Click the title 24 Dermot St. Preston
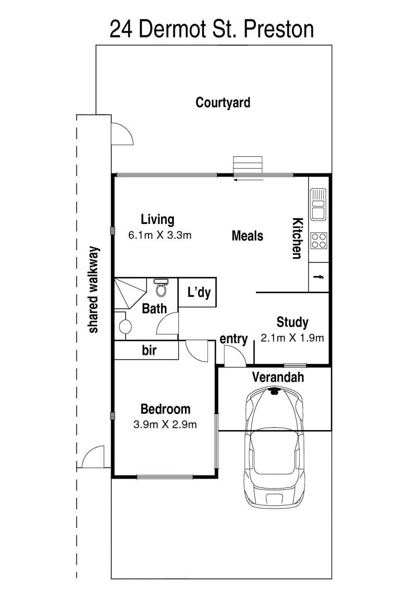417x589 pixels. [x=212, y=29]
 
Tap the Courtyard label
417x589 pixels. [x=223, y=103]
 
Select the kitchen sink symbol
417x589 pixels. [x=318, y=204]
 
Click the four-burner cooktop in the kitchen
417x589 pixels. [x=319, y=241]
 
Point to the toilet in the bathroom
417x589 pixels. [x=161, y=287]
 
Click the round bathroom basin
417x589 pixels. [x=125, y=326]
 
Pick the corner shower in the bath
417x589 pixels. [x=130, y=294]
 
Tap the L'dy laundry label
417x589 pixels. [x=199, y=292]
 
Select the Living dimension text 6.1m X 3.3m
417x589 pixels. [x=160, y=235]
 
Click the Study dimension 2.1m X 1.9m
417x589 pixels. [x=292, y=337]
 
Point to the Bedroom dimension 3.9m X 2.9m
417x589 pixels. [x=165, y=424]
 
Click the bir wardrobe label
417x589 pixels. [x=149, y=350]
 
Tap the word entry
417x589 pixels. [x=234, y=339]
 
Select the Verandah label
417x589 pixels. [x=278, y=377]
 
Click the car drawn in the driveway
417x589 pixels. [x=275, y=447]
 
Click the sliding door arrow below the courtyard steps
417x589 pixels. [x=249, y=180]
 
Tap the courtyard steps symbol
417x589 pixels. [x=248, y=165]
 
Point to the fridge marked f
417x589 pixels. [x=319, y=277]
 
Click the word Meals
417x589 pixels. [x=248, y=236]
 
